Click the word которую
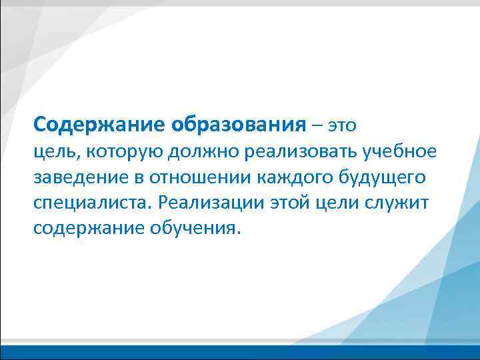coord(125,152)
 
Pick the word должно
coord(204,152)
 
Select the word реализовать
coord(301,152)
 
